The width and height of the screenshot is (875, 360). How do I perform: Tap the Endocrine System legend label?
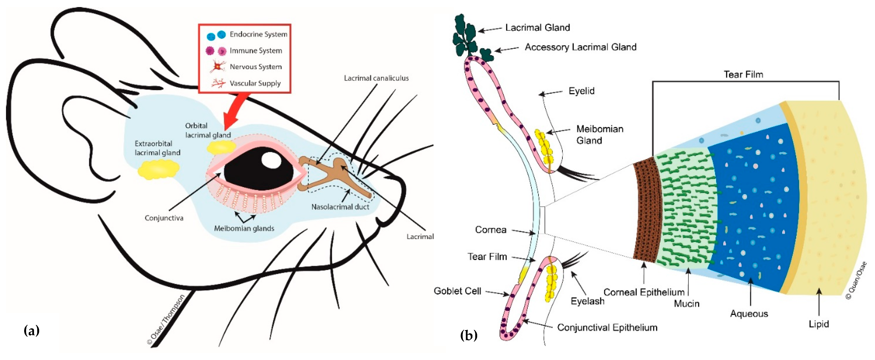[x=258, y=34]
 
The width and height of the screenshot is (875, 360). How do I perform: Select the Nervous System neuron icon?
[x=217, y=66]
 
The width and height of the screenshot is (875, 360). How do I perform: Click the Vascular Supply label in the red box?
[x=255, y=83]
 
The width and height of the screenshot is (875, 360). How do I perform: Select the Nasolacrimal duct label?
[x=340, y=207]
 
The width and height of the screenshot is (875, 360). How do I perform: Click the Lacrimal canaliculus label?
[x=376, y=78]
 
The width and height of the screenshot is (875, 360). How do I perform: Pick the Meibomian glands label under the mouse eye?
[x=244, y=228]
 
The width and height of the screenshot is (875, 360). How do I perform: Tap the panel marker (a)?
[x=32, y=330]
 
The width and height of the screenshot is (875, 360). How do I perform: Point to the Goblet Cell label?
[x=457, y=291]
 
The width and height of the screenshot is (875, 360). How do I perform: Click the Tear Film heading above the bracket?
[x=743, y=74]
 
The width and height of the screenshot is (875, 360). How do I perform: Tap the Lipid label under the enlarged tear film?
[x=818, y=324]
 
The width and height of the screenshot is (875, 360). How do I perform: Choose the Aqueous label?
[x=749, y=313]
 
